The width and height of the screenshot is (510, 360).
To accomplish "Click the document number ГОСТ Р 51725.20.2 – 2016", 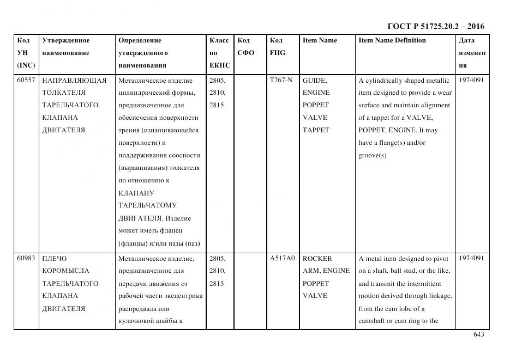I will tap(436, 27).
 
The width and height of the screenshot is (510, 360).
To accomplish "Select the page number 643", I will tap(478, 334).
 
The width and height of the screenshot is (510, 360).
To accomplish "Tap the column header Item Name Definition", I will tap(392, 40).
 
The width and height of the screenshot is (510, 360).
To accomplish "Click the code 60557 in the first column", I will tap(26, 80).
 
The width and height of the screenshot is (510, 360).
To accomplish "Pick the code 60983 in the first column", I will tap(26, 259).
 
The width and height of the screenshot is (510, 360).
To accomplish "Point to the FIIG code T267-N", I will tap(281, 80).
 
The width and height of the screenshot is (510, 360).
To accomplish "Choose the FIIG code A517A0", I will tap(283, 259).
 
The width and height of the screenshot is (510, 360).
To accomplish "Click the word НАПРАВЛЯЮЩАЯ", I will tap(74, 80).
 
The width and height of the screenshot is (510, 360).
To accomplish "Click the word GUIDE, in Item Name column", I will tap(315, 80).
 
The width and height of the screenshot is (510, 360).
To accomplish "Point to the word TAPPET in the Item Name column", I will tap(316, 130).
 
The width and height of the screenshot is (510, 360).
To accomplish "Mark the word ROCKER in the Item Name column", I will tap(317, 259).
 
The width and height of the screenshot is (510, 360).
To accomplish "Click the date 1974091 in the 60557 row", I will tap(471, 80).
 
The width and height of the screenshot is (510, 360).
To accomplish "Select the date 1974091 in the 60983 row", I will tap(471, 259).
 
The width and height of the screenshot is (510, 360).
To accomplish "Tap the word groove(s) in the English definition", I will tap(373, 155).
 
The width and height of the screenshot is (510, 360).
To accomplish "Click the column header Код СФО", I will tap(246, 46).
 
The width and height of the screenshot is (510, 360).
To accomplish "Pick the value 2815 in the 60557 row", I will tap(217, 105).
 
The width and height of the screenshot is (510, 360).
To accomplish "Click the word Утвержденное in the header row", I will tap(65, 40).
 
